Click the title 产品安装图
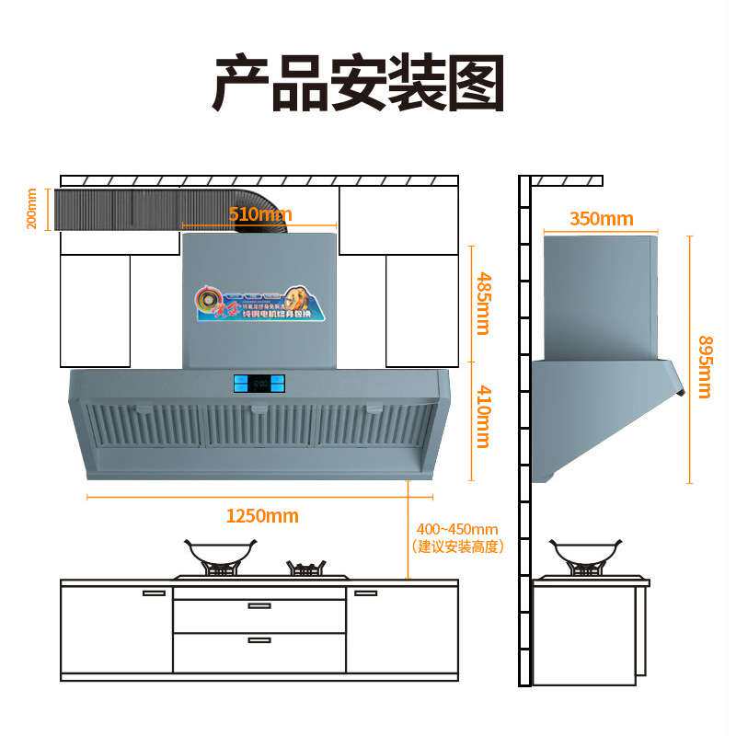[x=360, y=84]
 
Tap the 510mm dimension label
[x=260, y=214]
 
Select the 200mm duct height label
[x=32, y=208]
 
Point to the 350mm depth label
[x=601, y=219]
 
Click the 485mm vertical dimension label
[x=481, y=303]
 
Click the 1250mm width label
[x=262, y=516]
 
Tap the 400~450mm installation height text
[x=457, y=529]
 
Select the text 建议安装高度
[x=457, y=546]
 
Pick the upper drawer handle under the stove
[x=259, y=605]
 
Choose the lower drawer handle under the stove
[x=259, y=639]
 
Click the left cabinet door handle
[x=155, y=593]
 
